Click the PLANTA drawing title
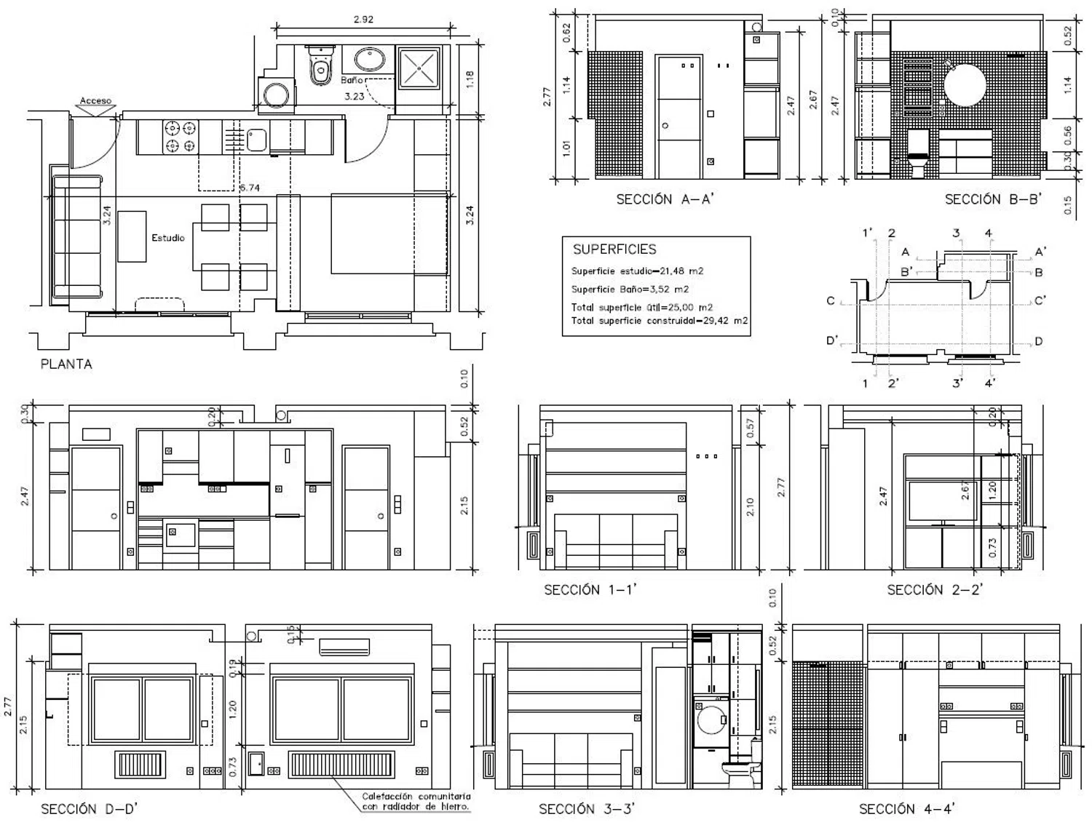coord(66,364)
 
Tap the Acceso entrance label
coord(95,100)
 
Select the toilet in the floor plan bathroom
coord(319,67)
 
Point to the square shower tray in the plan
coord(419,68)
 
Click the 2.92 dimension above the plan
coord(363,20)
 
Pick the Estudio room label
coord(168,238)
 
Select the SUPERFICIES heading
coord(614,250)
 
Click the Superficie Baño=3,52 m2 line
coord(630,289)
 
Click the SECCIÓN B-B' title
coord(993,199)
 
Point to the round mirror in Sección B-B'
coord(965,85)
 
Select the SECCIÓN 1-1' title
coord(590,590)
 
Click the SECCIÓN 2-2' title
coord(935,590)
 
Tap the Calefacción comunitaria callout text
coord(416,801)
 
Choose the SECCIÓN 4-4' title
coord(907,809)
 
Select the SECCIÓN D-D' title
coord(89,809)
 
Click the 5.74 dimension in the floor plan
coord(250,188)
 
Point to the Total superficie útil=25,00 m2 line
coord(641,307)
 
